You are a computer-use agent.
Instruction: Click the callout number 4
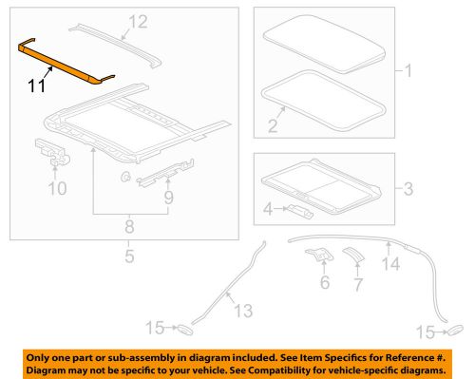pos(267,206)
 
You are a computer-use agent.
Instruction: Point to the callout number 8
pos(128,226)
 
